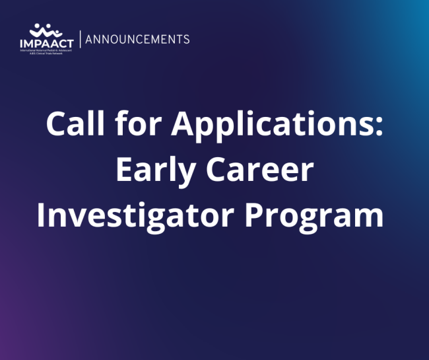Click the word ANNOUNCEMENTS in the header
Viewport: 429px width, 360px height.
click(x=138, y=39)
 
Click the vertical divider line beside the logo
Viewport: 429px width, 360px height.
click(x=80, y=39)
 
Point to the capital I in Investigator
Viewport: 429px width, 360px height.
click(x=42, y=217)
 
